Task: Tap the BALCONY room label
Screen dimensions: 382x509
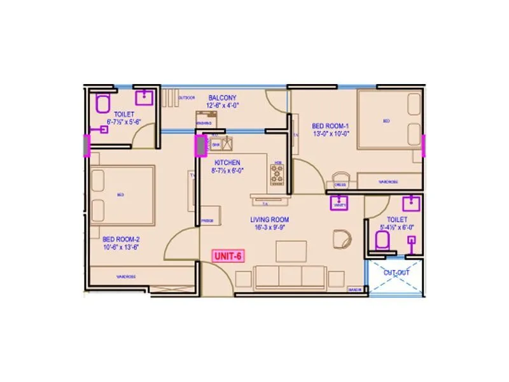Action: [x=223, y=97]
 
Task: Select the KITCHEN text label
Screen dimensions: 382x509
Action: [x=227, y=162]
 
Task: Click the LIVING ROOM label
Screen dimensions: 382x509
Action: [x=270, y=219]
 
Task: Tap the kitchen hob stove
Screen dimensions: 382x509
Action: [x=278, y=174]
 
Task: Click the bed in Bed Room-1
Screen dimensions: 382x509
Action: [x=389, y=121]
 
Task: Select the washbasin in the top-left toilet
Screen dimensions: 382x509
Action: [x=145, y=97]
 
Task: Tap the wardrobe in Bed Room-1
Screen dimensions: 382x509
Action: [x=388, y=181]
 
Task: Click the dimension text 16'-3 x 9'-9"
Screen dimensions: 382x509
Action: [x=270, y=227]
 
